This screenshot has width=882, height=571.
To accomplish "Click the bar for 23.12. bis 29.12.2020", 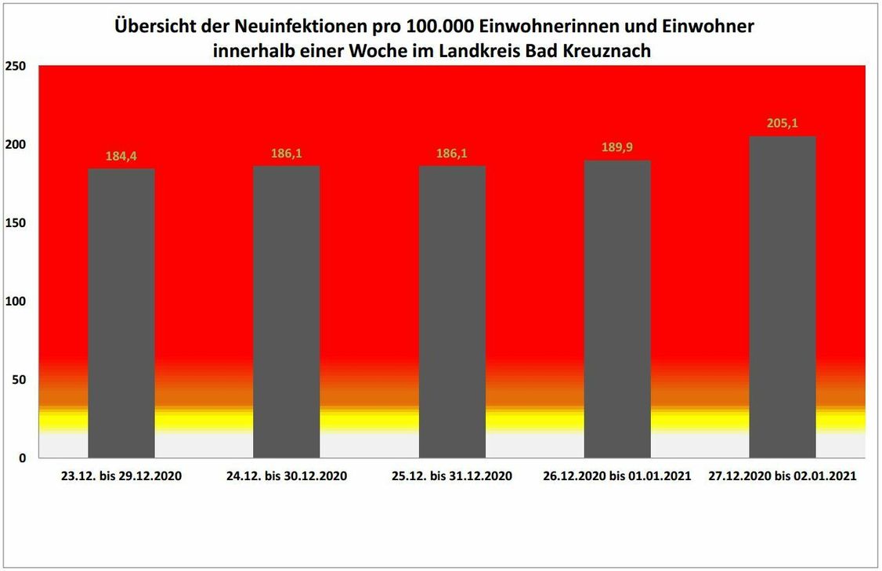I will pos(121,313).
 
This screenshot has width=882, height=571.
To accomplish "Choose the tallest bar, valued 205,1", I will pos(783,298).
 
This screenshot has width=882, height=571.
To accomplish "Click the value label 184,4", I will pos(121,157).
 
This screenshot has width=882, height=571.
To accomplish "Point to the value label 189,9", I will pos(617,149).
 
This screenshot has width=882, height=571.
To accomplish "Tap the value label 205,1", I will pos(783,125).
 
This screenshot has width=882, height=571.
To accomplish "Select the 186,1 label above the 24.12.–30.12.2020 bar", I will pos(286,154).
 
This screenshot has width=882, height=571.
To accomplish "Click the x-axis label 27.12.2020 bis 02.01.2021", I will pos(783,476).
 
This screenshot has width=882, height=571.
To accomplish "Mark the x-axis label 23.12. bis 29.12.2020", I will pos(121,476).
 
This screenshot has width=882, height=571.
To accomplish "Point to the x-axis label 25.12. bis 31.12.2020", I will pos(452,476).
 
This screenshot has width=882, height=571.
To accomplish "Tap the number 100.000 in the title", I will pos(435,27).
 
